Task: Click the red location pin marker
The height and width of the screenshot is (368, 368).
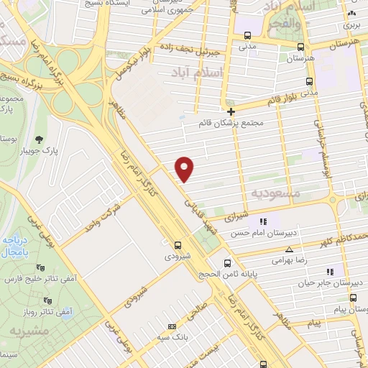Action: point(185,169)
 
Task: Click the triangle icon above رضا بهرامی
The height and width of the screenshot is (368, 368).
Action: point(289,249)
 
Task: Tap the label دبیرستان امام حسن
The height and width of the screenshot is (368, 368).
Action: point(263,233)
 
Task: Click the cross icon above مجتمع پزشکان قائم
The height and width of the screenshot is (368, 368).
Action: point(231,112)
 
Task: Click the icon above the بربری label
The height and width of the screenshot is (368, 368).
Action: point(351,14)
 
